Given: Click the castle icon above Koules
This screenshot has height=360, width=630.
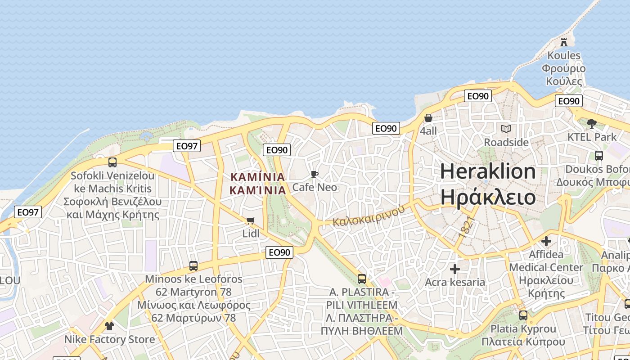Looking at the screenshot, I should (x=563, y=42).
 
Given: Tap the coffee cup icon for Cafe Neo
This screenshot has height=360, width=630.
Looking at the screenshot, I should (x=315, y=174).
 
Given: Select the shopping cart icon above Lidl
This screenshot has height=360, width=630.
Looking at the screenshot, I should (x=251, y=220).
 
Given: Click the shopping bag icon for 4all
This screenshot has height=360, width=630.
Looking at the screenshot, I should (x=428, y=118).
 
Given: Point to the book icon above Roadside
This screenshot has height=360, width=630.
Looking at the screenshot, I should (x=506, y=129).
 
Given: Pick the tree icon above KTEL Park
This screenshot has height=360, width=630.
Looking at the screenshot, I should (x=592, y=123).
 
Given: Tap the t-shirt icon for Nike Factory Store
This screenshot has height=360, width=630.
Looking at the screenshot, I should (x=109, y=326).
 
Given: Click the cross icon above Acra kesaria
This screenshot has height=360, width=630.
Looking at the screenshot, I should (x=455, y=269).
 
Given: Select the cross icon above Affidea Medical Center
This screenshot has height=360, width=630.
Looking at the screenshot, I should (x=546, y=241).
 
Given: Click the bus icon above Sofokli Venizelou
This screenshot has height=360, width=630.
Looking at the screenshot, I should (x=112, y=162).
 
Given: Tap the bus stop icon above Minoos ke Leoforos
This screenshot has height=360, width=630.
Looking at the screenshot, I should (x=193, y=265).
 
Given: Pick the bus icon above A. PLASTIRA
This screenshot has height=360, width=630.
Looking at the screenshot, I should (x=362, y=279).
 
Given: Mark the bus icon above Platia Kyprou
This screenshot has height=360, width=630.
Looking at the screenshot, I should (x=523, y=315).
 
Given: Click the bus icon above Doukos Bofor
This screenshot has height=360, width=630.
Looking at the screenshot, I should (x=599, y=156).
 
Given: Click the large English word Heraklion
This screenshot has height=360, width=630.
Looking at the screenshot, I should (x=488, y=171).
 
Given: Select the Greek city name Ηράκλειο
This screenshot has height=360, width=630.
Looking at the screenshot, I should (x=488, y=198).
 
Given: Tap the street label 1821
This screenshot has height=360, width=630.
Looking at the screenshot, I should (x=467, y=227).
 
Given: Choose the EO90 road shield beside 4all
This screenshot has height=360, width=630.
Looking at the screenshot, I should (x=386, y=128).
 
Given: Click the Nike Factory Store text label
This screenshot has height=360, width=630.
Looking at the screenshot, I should (x=109, y=339).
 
